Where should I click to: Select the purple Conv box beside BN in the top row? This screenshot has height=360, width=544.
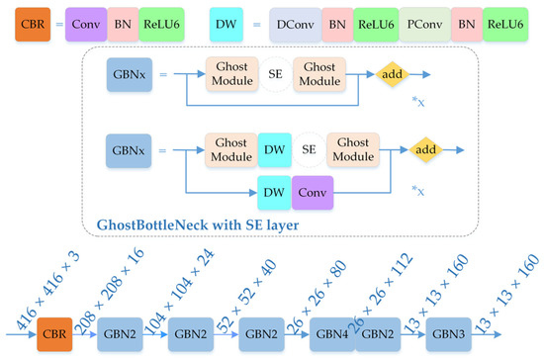[87, 21]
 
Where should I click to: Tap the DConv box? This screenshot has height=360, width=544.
[295, 21]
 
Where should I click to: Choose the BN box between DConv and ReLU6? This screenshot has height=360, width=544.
[338, 21]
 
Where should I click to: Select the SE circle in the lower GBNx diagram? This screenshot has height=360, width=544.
[309, 149]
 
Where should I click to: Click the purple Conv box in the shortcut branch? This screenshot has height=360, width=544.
[313, 191]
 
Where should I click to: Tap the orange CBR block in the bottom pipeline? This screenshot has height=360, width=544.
[56, 333]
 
